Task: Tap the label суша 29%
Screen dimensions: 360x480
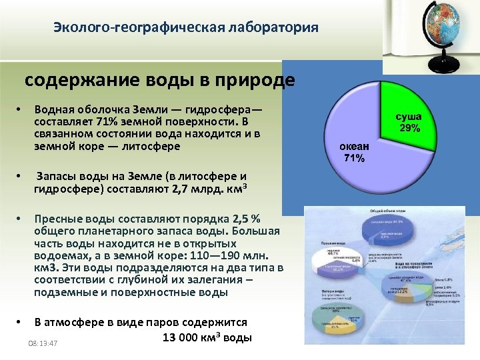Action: [410, 123]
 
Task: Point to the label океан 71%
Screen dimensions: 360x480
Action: [354, 153]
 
